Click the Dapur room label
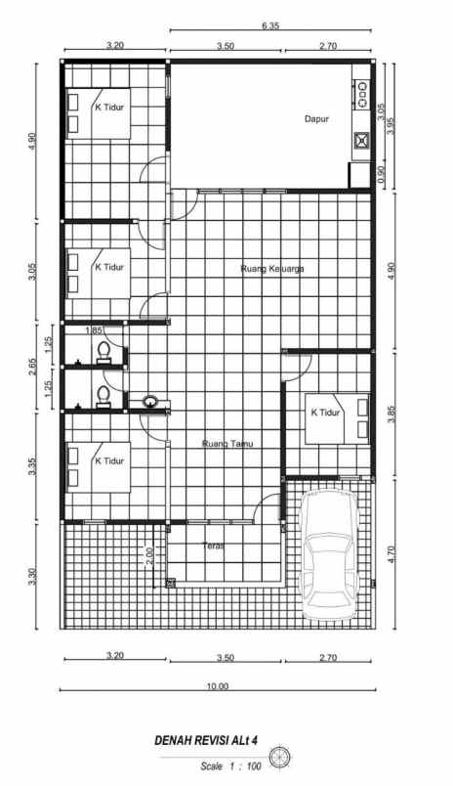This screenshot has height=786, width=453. pos(315,118)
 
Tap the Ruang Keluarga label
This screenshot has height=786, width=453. pos(268,266)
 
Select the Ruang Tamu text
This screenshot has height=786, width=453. pos(227,444)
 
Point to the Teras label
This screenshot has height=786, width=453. pos(214,546)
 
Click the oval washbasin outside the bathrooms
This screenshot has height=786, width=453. pos(151,401)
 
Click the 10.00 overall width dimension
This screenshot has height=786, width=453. pos(217,686)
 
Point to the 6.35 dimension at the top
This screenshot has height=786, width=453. pos(270,26)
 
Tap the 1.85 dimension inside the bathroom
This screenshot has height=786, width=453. pos(94,331)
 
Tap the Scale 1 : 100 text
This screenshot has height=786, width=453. pos(230,766)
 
